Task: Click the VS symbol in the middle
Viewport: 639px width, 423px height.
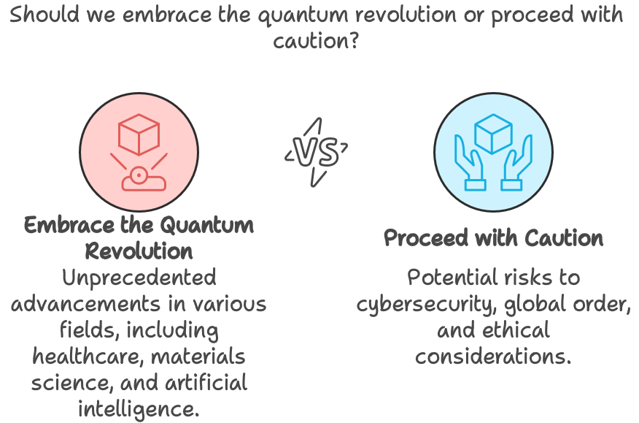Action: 317,153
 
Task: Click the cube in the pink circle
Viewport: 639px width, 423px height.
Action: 139,136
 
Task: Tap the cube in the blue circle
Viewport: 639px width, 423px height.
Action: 494,134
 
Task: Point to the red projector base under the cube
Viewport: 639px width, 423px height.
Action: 139,178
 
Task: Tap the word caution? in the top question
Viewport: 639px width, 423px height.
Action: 316,42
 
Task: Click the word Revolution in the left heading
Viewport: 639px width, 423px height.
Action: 139,251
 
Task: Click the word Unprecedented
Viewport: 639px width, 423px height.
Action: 139,278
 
